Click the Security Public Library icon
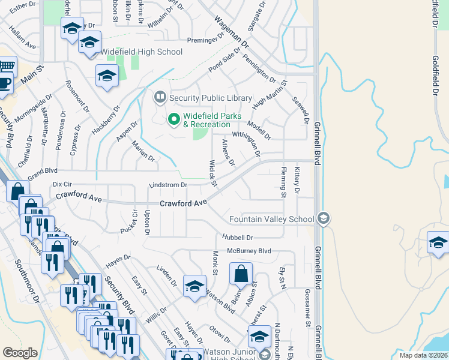point(160,97)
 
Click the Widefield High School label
point(142,52)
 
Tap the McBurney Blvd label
point(249,251)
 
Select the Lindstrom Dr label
point(168,185)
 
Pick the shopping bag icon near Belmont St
point(240,274)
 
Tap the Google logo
point(20,353)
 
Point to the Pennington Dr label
point(259,69)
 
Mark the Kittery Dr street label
point(297,181)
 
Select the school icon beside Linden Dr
point(194,286)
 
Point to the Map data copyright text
point(424,355)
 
